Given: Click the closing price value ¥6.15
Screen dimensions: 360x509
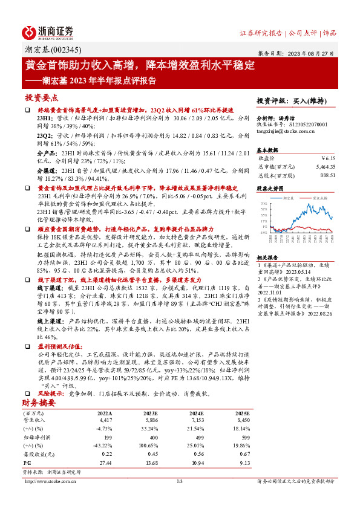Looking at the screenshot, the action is (x=327, y=158).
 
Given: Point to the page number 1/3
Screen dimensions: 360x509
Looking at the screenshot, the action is (x=179, y=481).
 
